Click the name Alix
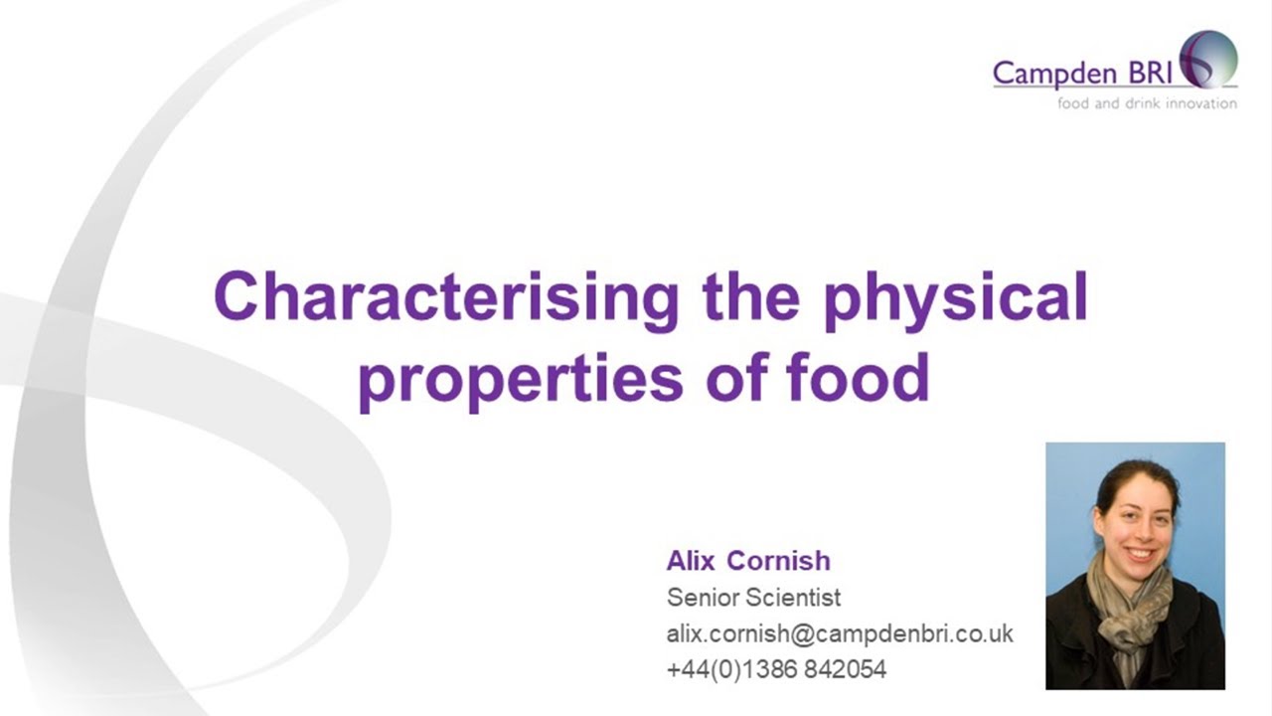691,561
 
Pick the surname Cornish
778,561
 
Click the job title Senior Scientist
753,598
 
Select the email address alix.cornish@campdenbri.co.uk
840,633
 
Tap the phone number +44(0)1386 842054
775,669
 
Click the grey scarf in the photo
1129,607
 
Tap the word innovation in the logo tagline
1201,103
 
